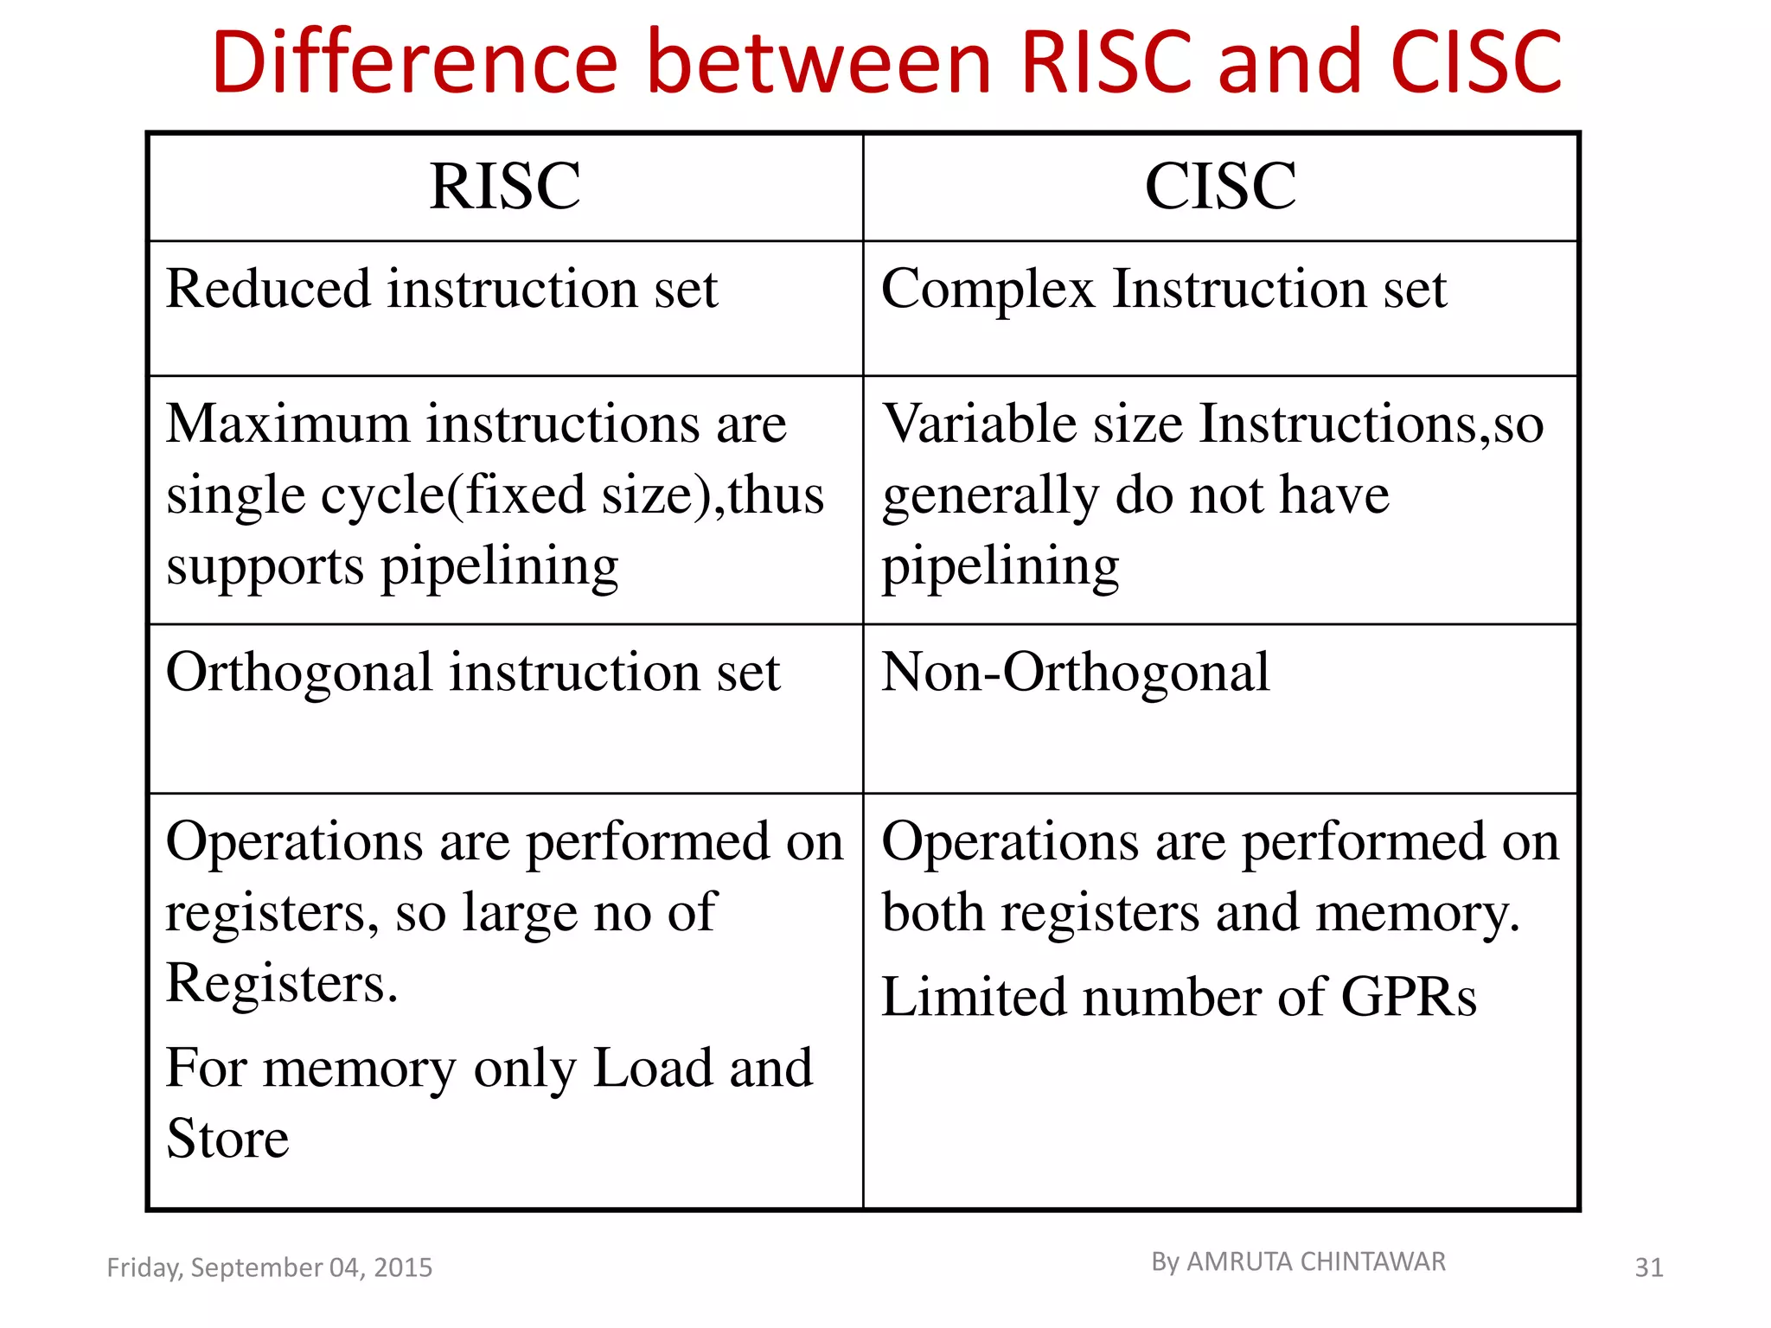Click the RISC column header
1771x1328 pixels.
pyautogui.click(x=505, y=186)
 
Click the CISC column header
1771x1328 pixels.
pyautogui.click(x=1220, y=186)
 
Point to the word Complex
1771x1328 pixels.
pyautogui.click(x=988, y=290)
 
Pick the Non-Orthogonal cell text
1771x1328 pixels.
pyautogui.click(x=1076, y=673)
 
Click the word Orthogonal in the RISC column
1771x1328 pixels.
pyautogui.click(x=299, y=673)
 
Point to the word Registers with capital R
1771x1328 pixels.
pyautogui.click(x=282, y=983)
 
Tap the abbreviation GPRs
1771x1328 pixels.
pyautogui.click(x=1409, y=997)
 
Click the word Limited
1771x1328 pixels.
pyautogui.click(x=974, y=997)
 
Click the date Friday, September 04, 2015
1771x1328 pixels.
pyautogui.click(x=269, y=1267)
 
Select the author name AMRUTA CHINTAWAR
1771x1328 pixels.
pyautogui.click(x=1315, y=1262)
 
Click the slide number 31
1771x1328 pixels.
pyautogui.click(x=1648, y=1267)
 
